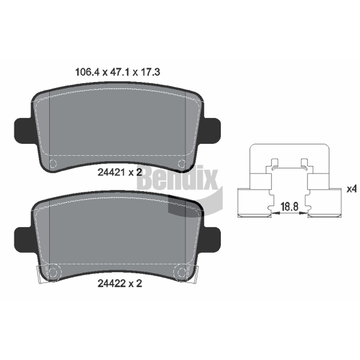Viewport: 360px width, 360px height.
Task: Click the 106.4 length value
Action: pyautogui.click(x=87, y=72)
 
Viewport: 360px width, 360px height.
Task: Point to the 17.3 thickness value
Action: pyautogui.click(x=150, y=72)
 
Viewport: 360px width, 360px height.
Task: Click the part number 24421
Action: pyautogui.click(x=111, y=172)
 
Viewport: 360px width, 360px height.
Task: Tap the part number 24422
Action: pyautogui.click(x=111, y=283)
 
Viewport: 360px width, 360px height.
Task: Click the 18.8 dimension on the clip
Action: pyautogui.click(x=289, y=207)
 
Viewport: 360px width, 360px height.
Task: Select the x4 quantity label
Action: pyautogui.click(x=351, y=189)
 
